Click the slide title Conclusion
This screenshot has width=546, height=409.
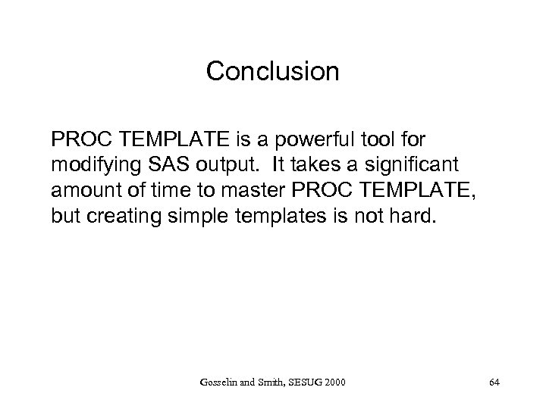point(272,71)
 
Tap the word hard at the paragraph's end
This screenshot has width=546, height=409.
point(418,214)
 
